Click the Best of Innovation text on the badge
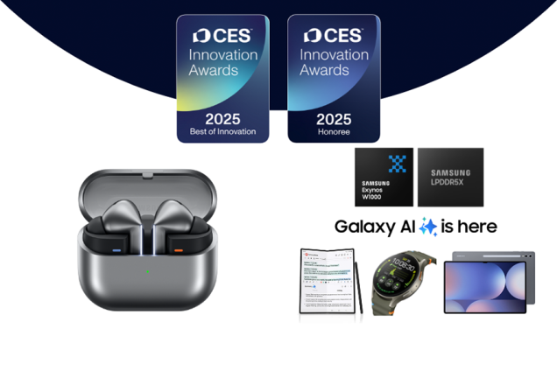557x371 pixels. click(x=222, y=132)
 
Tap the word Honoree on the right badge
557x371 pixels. click(x=334, y=132)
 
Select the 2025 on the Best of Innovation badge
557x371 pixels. click(x=222, y=117)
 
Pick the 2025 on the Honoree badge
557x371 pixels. click(x=334, y=117)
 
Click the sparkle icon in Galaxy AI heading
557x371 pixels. click(x=428, y=227)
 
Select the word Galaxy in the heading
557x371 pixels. click(x=363, y=227)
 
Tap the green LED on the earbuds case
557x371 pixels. click(x=147, y=269)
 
